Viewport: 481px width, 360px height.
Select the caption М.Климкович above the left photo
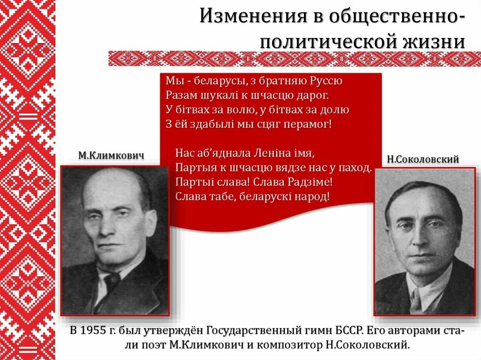click(x=111, y=156)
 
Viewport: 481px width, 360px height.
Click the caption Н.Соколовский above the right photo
click(x=422, y=159)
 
